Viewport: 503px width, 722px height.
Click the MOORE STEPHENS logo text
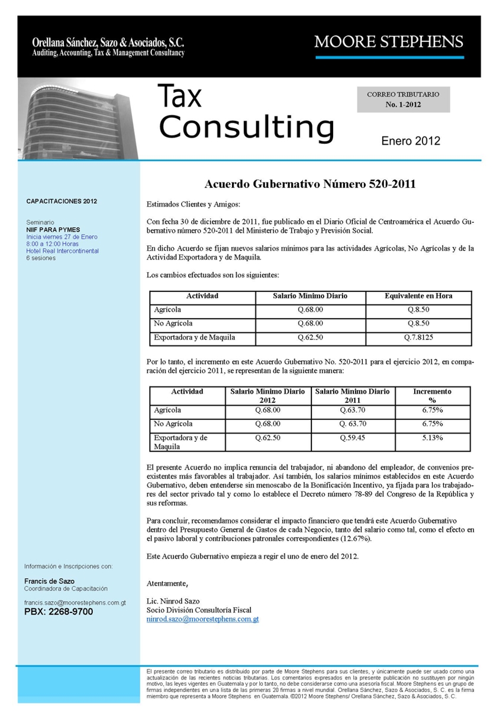click(x=389, y=41)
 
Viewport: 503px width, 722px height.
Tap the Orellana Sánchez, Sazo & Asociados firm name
click(x=108, y=43)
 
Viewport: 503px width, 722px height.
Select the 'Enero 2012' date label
click(x=411, y=141)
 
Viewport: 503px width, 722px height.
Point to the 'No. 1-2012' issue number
click(x=403, y=104)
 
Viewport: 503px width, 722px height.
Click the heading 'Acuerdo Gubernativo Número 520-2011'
click(x=310, y=184)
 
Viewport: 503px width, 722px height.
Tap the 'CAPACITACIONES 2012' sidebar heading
click(x=62, y=201)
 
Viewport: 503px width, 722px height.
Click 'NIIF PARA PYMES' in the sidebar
click(x=53, y=229)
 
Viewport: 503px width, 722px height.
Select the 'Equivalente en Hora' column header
click(x=418, y=296)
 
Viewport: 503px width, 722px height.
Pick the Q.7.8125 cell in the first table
click(x=418, y=338)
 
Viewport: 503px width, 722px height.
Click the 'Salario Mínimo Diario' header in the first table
click(x=310, y=296)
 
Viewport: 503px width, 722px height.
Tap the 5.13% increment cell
click(x=433, y=438)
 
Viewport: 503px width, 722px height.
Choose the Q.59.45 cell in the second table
click(x=353, y=438)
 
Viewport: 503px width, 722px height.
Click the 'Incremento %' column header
click(x=432, y=396)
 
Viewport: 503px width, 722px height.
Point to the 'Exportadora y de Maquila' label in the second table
click(x=180, y=442)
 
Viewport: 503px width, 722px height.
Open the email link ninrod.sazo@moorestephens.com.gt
click(x=202, y=619)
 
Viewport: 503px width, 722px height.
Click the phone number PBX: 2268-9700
click(x=59, y=612)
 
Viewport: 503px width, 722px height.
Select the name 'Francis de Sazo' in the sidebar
click(x=49, y=581)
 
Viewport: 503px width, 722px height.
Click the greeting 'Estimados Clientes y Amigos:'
click(x=194, y=204)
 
